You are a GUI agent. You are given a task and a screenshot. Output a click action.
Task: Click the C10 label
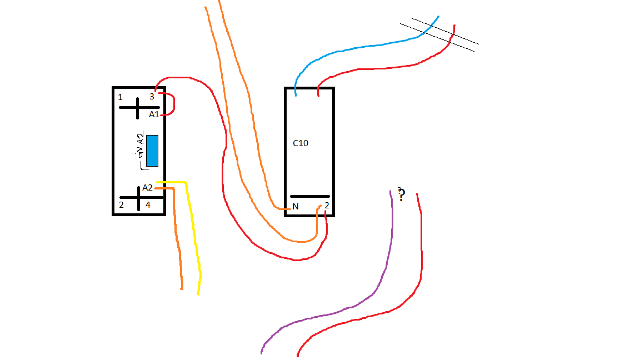[x=301, y=143]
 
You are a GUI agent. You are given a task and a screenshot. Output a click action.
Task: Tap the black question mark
[x=401, y=194]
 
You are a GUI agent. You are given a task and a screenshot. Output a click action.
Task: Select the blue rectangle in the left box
[x=152, y=151]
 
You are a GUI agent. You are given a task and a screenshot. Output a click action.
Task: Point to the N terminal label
[x=296, y=207]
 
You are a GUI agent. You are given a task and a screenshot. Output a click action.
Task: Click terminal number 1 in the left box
[x=120, y=97]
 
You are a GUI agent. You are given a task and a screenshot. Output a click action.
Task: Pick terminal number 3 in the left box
[x=152, y=97]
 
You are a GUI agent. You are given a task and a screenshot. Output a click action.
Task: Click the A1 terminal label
[x=153, y=114]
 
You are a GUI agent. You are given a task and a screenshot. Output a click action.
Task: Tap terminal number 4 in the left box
[x=148, y=205]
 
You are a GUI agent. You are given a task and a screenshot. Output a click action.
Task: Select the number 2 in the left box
[x=121, y=205]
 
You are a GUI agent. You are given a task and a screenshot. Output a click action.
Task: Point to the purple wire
[x=383, y=267]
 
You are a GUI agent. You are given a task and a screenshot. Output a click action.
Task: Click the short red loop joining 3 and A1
[x=173, y=103]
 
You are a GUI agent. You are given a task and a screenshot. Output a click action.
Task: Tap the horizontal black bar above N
[x=310, y=196]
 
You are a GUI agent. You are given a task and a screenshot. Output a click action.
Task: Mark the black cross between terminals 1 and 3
[x=138, y=107]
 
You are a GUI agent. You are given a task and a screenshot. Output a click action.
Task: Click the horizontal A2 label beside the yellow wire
[x=147, y=188]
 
